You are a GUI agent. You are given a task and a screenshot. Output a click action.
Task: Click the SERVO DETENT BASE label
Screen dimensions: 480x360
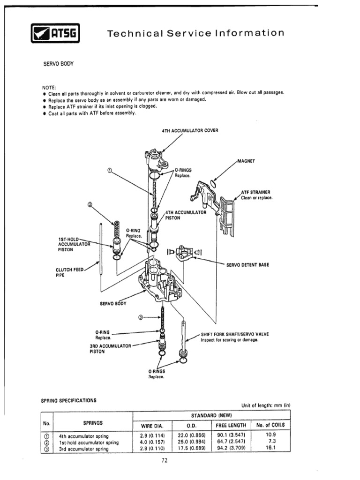[247, 265]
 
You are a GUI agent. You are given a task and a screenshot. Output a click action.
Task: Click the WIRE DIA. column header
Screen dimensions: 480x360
[153, 426]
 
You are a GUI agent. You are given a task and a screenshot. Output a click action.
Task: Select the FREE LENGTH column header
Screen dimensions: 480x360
[231, 426]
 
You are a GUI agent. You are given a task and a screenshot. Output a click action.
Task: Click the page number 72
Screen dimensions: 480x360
[165, 460]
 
